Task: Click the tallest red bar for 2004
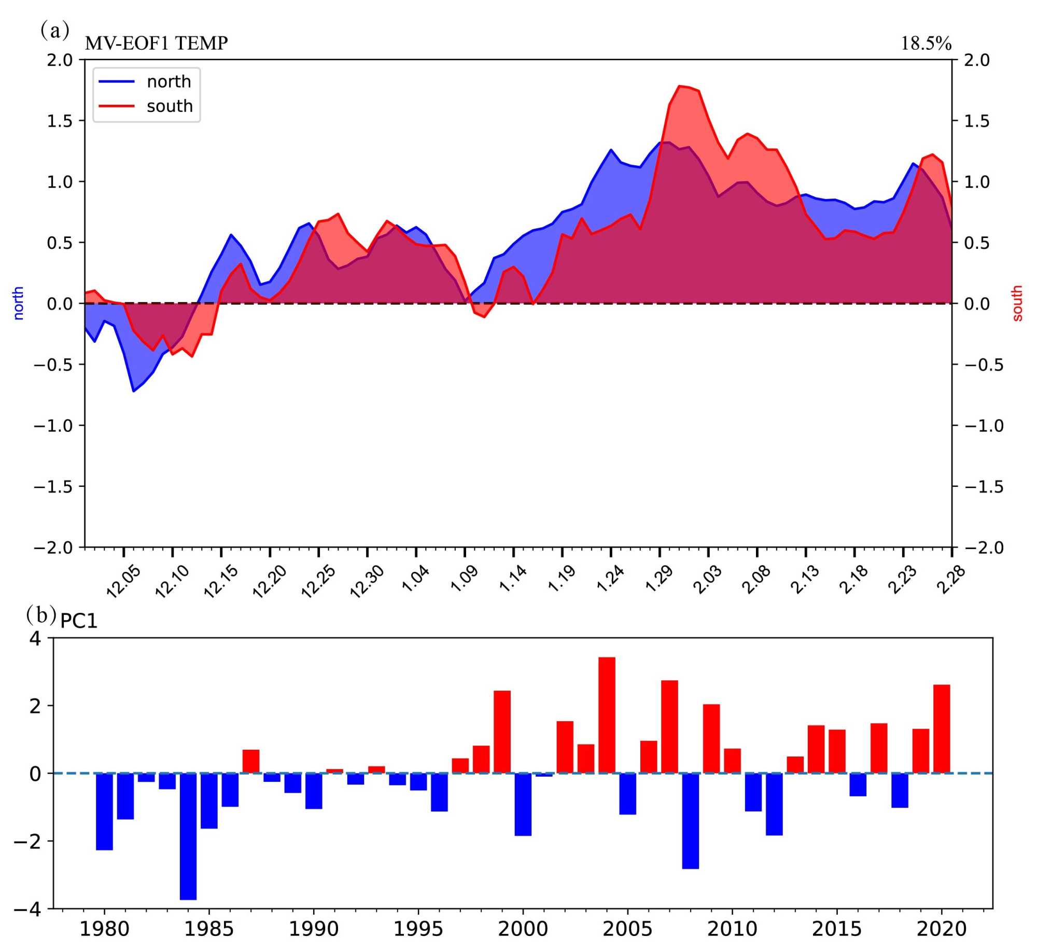point(607,715)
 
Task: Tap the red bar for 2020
point(942,729)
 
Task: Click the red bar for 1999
point(502,732)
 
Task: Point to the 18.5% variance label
point(926,44)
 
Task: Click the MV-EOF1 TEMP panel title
point(156,43)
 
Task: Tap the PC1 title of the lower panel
point(79,621)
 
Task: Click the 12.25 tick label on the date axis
point(318,582)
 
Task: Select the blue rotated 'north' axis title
point(19,303)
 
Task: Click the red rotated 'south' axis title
point(1017,303)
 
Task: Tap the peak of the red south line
point(680,86)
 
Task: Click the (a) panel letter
point(54,30)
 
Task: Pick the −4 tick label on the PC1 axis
point(28,909)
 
